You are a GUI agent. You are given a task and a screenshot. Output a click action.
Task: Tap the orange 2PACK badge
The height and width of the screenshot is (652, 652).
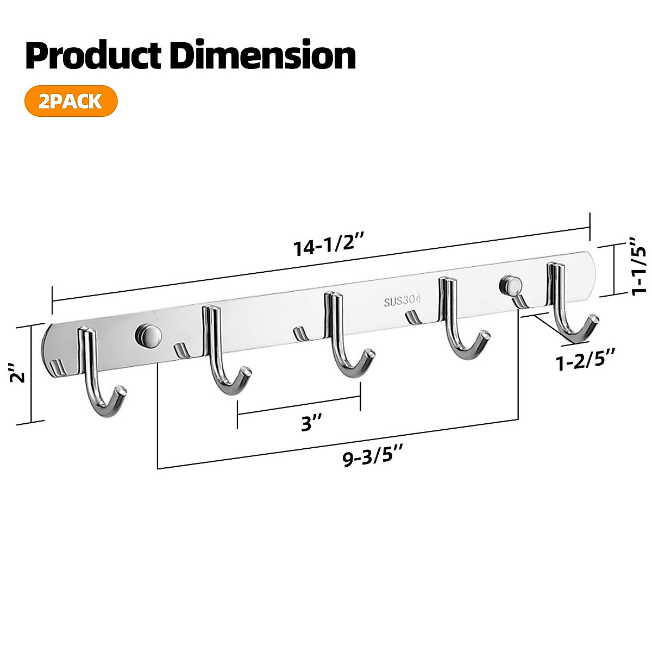point(71,101)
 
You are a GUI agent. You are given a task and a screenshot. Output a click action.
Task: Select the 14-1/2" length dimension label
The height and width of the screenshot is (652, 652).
point(323,246)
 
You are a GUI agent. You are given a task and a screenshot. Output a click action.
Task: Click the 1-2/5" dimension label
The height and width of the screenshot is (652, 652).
point(586,361)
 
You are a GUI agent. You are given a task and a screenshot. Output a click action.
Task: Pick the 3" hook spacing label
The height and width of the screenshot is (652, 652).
point(312,422)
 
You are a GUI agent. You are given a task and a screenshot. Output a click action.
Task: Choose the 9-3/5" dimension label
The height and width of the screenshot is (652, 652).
point(374,459)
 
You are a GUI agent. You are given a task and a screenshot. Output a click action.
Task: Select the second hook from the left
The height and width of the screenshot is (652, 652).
point(217,353)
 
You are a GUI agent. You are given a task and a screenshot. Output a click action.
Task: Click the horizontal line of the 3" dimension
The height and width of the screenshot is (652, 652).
point(299,405)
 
